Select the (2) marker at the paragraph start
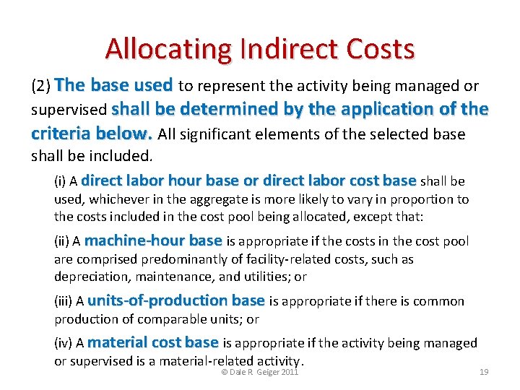click(40, 87)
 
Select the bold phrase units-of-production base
click(176, 300)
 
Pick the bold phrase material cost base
click(153, 342)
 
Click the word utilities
click(265, 277)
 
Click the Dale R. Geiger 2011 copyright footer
click(259, 372)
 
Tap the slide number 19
click(484, 372)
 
